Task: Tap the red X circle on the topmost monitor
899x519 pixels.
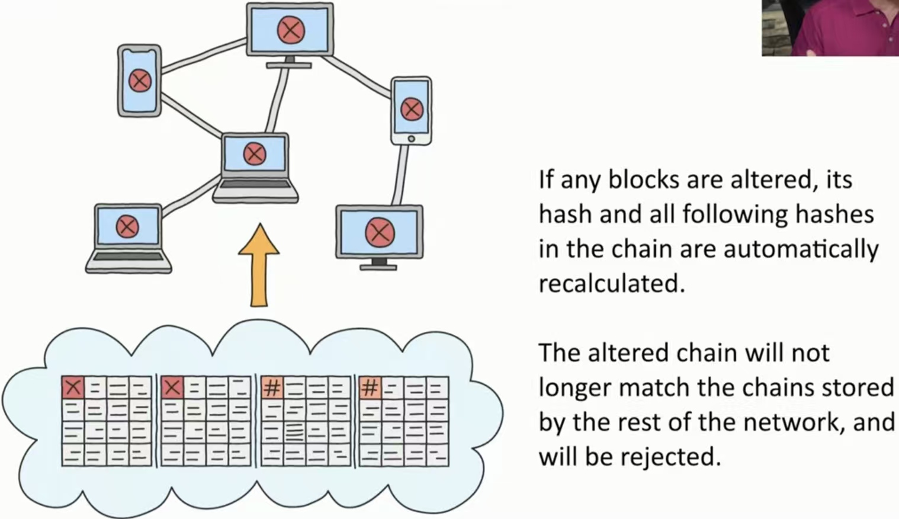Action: tap(291, 29)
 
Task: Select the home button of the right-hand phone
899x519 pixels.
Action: tap(411, 139)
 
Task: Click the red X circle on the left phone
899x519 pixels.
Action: tap(140, 80)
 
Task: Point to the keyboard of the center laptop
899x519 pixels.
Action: tap(255, 184)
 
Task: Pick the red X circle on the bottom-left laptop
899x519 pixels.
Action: tap(127, 226)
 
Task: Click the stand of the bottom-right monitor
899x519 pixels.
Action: tap(378, 264)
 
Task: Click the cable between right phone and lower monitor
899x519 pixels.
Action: tap(402, 175)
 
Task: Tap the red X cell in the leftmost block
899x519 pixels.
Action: tap(73, 388)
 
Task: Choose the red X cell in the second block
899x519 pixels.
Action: tap(172, 388)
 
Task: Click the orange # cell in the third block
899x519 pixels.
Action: tap(272, 388)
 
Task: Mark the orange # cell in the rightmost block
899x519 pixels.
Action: tap(370, 388)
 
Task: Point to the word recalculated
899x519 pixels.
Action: tap(611, 284)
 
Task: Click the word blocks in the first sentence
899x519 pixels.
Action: tap(644, 180)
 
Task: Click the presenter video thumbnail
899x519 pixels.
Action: tap(830, 28)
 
